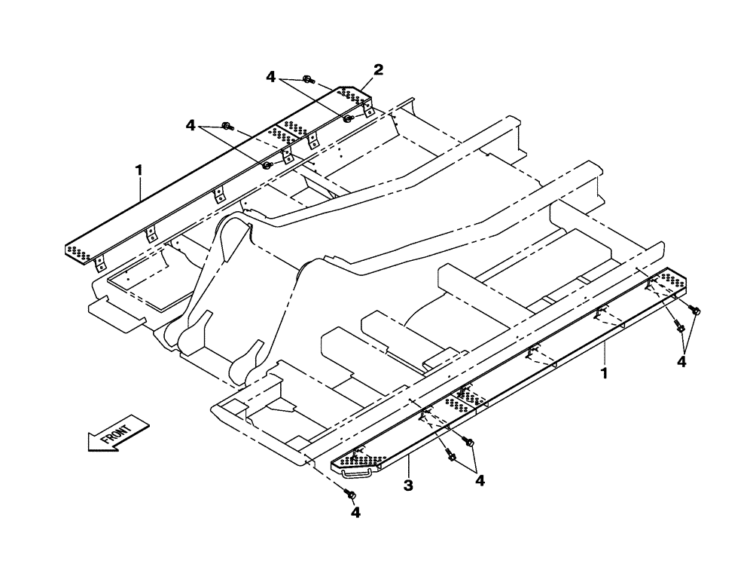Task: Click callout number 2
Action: coord(379,69)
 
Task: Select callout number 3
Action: coord(407,486)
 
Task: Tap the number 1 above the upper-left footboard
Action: coord(139,171)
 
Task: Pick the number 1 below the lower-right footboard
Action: coord(605,372)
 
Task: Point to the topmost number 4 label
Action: coord(270,76)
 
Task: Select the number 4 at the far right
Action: coord(681,362)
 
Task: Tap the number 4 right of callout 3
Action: coord(479,480)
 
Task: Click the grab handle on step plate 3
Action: coord(356,473)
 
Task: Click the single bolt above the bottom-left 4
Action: coord(349,493)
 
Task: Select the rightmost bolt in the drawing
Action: coord(694,311)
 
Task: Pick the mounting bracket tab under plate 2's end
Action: coord(369,111)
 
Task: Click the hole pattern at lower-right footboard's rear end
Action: coord(667,281)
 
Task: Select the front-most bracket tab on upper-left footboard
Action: coord(99,262)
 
